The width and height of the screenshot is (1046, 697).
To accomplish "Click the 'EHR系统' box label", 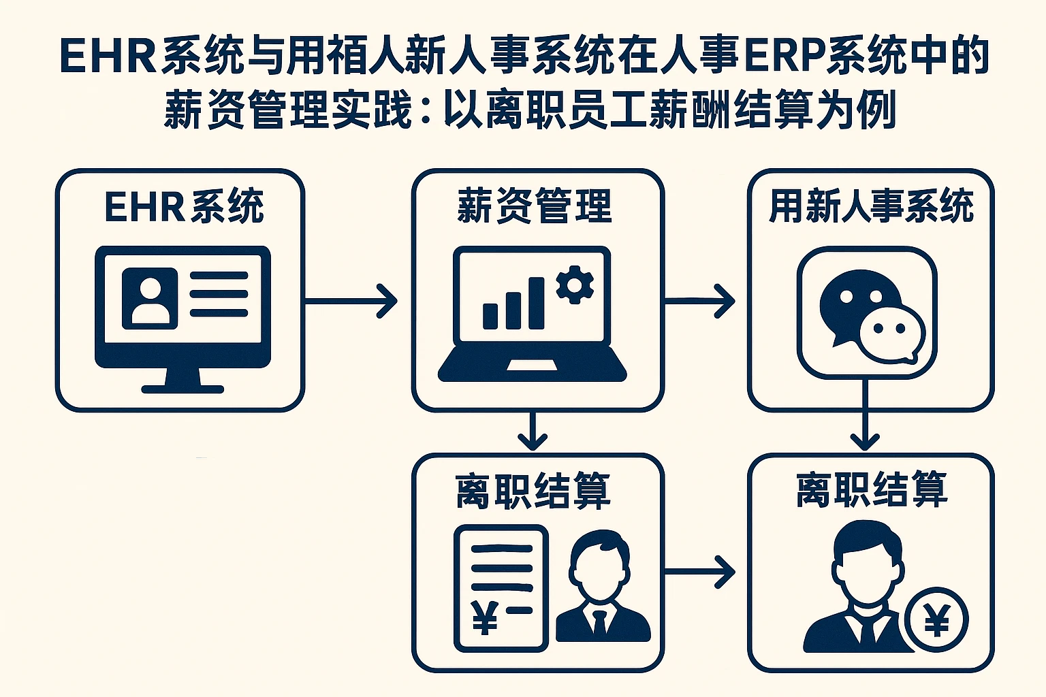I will click(x=184, y=206).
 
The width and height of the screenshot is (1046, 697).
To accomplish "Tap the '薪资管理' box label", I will click(x=535, y=206).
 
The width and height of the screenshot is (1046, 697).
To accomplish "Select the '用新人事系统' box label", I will click(x=871, y=206).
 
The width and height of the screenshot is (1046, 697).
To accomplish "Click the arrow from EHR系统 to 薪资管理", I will click(x=351, y=300).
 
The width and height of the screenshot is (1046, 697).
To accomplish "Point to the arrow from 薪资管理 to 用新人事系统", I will click(x=699, y=300).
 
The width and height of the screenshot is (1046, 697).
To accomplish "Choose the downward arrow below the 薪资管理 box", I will click(x=533, y=432).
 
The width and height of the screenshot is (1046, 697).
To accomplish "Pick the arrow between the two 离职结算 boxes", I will click(x=699, y=571).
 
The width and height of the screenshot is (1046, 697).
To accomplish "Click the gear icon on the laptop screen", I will click(x=574, y=285).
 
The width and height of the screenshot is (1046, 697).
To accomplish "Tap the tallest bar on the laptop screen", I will click(x=536, y=304).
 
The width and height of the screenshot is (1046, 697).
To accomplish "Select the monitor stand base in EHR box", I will click(x=183, y=389).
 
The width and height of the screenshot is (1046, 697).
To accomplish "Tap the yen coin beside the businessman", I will click(x=936, y=620).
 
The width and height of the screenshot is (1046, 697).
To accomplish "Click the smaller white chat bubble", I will click(x=891, y=333).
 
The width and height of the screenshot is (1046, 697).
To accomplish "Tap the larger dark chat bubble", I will click(x=851, y=303).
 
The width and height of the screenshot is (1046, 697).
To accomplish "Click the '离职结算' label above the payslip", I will click(x=533, y=491).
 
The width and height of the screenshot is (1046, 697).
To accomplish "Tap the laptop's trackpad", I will click(x=532, y=366).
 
